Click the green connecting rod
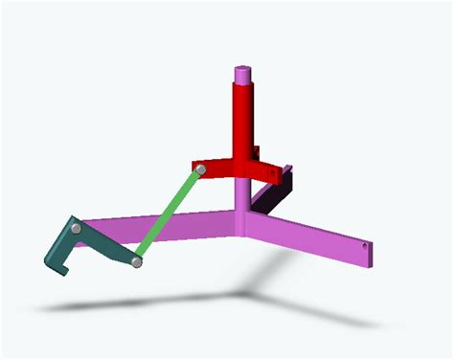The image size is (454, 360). click(170, 216)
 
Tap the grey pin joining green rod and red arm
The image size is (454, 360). click(201, 169)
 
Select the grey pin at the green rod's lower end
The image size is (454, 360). click(138, 262)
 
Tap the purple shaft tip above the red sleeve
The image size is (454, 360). click(243, 73)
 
